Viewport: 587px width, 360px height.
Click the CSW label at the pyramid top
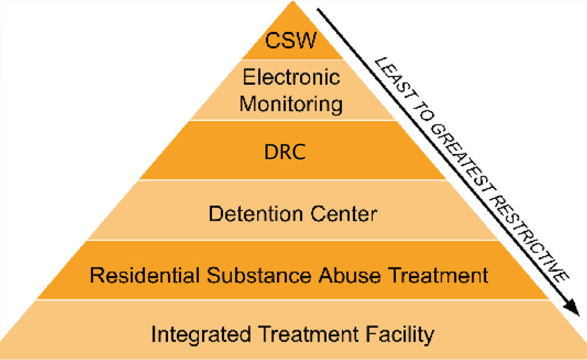(x=291, y=41)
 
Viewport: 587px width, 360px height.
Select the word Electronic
(x=291, y=78)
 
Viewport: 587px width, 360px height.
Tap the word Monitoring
(x=292, y=103)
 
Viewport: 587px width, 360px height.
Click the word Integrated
(x=196, y=335)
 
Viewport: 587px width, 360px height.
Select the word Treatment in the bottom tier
(x=303, y=335)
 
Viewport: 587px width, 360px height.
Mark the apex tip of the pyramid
(x=292, y=2)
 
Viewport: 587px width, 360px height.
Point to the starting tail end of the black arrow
(x=318, y=8)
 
